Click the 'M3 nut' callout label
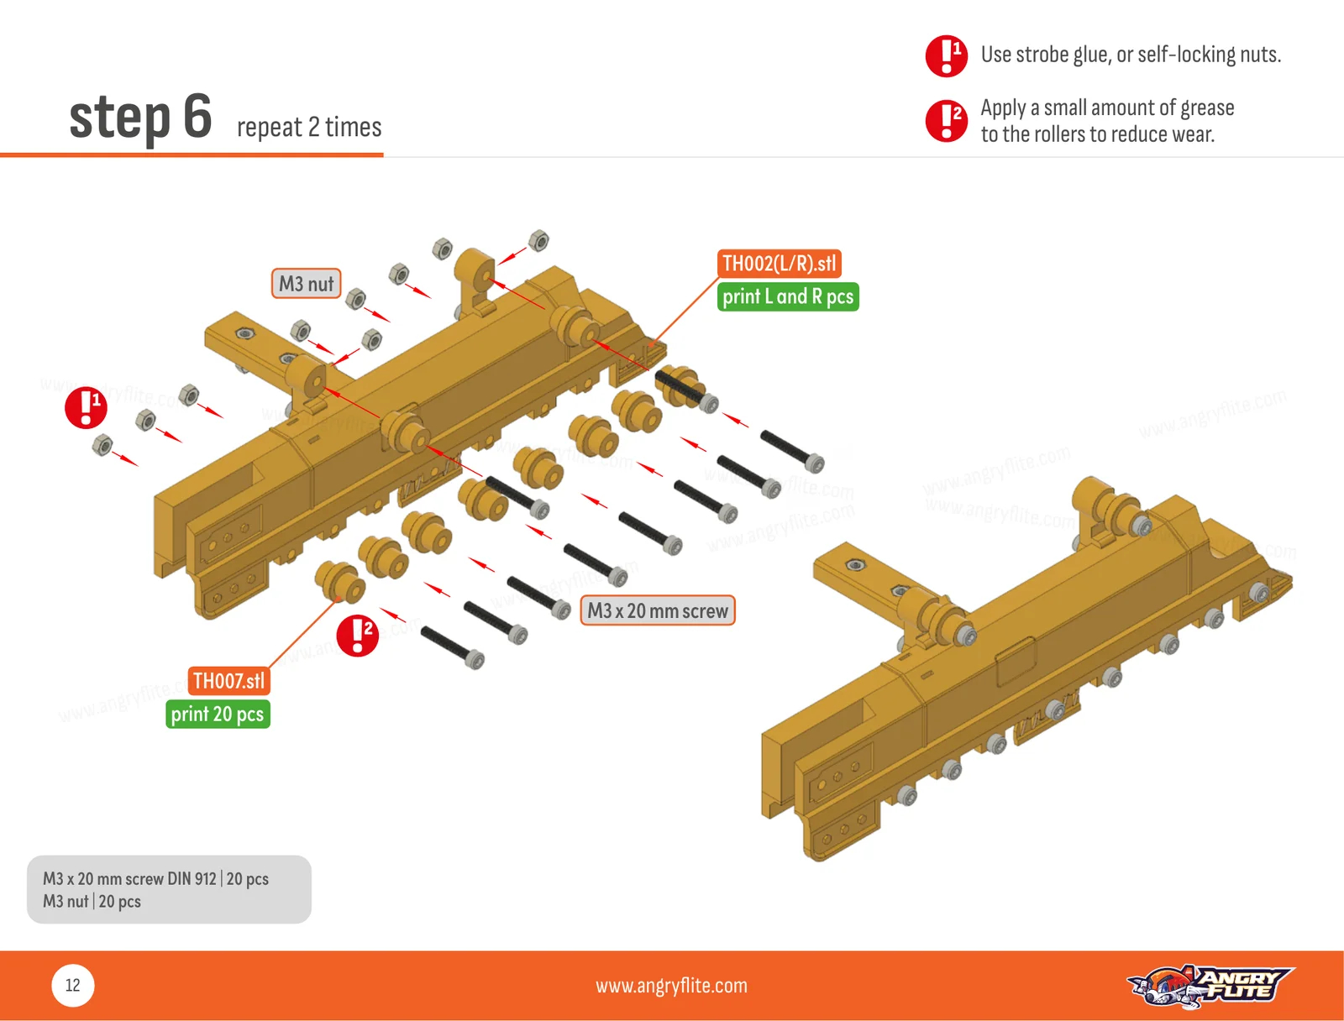click(x=306, y=283)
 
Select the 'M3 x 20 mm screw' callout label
click(x=658, y=610)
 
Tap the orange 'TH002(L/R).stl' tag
click(x=779, y=264)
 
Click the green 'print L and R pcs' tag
click(x=788, y=296)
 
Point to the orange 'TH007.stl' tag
click(x=228, y=681)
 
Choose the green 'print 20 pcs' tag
click(x=218, y=714)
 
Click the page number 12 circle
click(x=73, y=986)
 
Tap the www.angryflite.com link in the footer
click(x=672, y=986)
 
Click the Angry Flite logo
click(x=1210, y=986)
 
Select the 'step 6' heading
click(x=140, y=118)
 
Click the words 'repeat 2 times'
click(x=309, y=128)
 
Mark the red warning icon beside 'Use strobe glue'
click(x=947, y=55)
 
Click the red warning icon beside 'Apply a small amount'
click(x=947, y=121)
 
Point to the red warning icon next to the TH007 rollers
click(x=358, y=636)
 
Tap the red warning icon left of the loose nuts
click(x=87, y=407)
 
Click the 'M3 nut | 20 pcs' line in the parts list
click(x=92, y=902)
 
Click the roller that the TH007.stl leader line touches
click(x=340, y=582)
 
